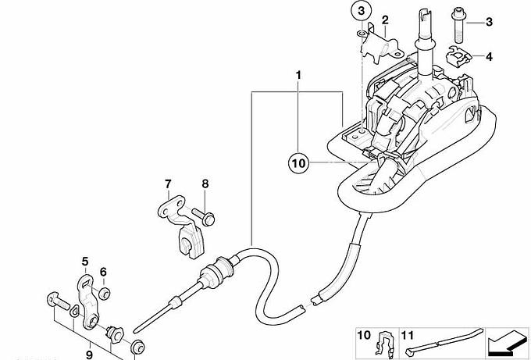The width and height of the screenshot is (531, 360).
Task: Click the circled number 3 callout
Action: [362, 11]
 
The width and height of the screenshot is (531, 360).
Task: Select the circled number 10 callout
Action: [298, 163]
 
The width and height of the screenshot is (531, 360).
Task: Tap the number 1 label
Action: [298, 75]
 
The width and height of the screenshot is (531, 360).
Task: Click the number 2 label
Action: [385, 20]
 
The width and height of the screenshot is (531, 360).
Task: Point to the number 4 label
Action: [489, 56]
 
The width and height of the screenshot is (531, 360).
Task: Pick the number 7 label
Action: [169, 184]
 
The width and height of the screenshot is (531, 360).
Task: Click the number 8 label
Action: [205, 184]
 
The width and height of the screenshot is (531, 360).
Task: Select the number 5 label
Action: [85, 262]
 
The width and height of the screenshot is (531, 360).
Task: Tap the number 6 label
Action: [103, 272]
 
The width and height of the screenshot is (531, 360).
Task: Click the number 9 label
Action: [89, 355]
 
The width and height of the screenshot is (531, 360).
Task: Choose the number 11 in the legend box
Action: [408, 335]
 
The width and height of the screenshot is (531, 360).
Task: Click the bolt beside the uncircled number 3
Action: [458, 26]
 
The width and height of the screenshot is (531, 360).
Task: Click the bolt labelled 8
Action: [203, 217]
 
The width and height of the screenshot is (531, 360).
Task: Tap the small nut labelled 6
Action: [104, 294]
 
